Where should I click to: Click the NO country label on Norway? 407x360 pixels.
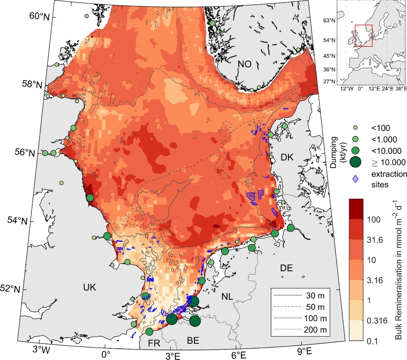coord(245,64)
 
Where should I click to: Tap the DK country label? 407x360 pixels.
coord(287,157)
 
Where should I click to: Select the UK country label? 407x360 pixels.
coord(89,287)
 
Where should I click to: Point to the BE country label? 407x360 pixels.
coord(193,340)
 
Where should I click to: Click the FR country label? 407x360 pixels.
coord(154,343)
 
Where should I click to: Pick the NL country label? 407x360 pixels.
coord(227,297)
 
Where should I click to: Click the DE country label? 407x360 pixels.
coord(286,268)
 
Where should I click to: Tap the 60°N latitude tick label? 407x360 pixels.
coord(39,17)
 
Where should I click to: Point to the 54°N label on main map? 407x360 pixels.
coord(17,221)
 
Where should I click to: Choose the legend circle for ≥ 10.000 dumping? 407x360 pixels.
coord(356,162)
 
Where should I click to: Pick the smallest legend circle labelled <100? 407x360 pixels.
coord(356,128)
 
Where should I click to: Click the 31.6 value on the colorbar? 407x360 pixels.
coord(375,240)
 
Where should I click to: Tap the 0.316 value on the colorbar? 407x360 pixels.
coord(377,321)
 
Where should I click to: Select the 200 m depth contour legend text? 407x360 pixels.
coord(315,330)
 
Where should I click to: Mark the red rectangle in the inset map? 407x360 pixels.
coord(363,36)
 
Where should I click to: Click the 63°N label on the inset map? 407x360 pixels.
coord(329,20)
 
